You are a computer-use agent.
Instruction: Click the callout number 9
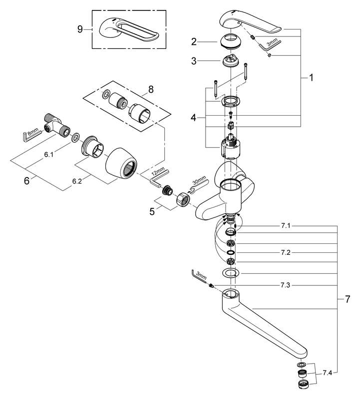80,29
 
